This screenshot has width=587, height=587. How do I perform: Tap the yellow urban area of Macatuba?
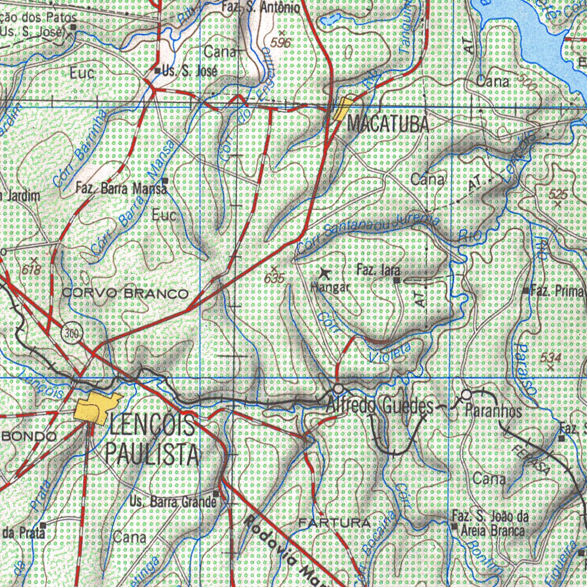(343, 108)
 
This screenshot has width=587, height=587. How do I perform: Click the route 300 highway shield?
(71, 332)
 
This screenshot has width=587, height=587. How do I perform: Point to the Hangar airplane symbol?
(325, 273)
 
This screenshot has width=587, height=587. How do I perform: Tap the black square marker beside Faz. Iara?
(397, 280)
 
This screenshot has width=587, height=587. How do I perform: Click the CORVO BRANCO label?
(124, 293)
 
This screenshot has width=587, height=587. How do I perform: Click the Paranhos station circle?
(466, 394)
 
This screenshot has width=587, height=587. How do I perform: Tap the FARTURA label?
(334, 523)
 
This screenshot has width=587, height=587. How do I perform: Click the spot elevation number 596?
(281, 42)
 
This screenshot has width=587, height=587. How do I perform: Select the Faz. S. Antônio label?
(260, 7)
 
